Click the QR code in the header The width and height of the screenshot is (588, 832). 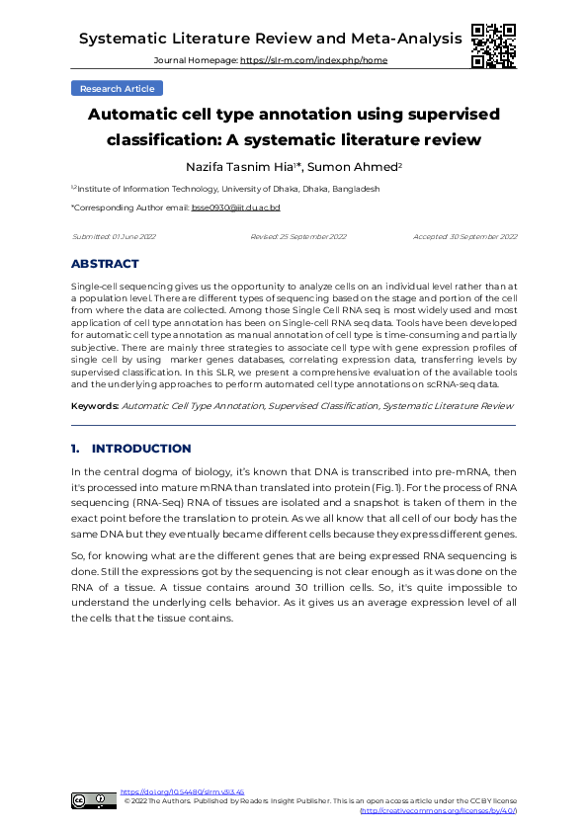(x=493, y=45)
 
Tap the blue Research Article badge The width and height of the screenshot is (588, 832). (x=117, y=88)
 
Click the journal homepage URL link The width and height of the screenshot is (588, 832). (x=314, y=60)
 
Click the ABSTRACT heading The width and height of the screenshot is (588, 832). (x=105, y=264)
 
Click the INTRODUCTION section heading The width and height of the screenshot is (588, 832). (x=141, y=449)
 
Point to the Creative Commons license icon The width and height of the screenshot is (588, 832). (x=93, y=801)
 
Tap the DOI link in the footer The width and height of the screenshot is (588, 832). (x=182, y=792)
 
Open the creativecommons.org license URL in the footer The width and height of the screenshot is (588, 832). (x=438, y=810)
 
